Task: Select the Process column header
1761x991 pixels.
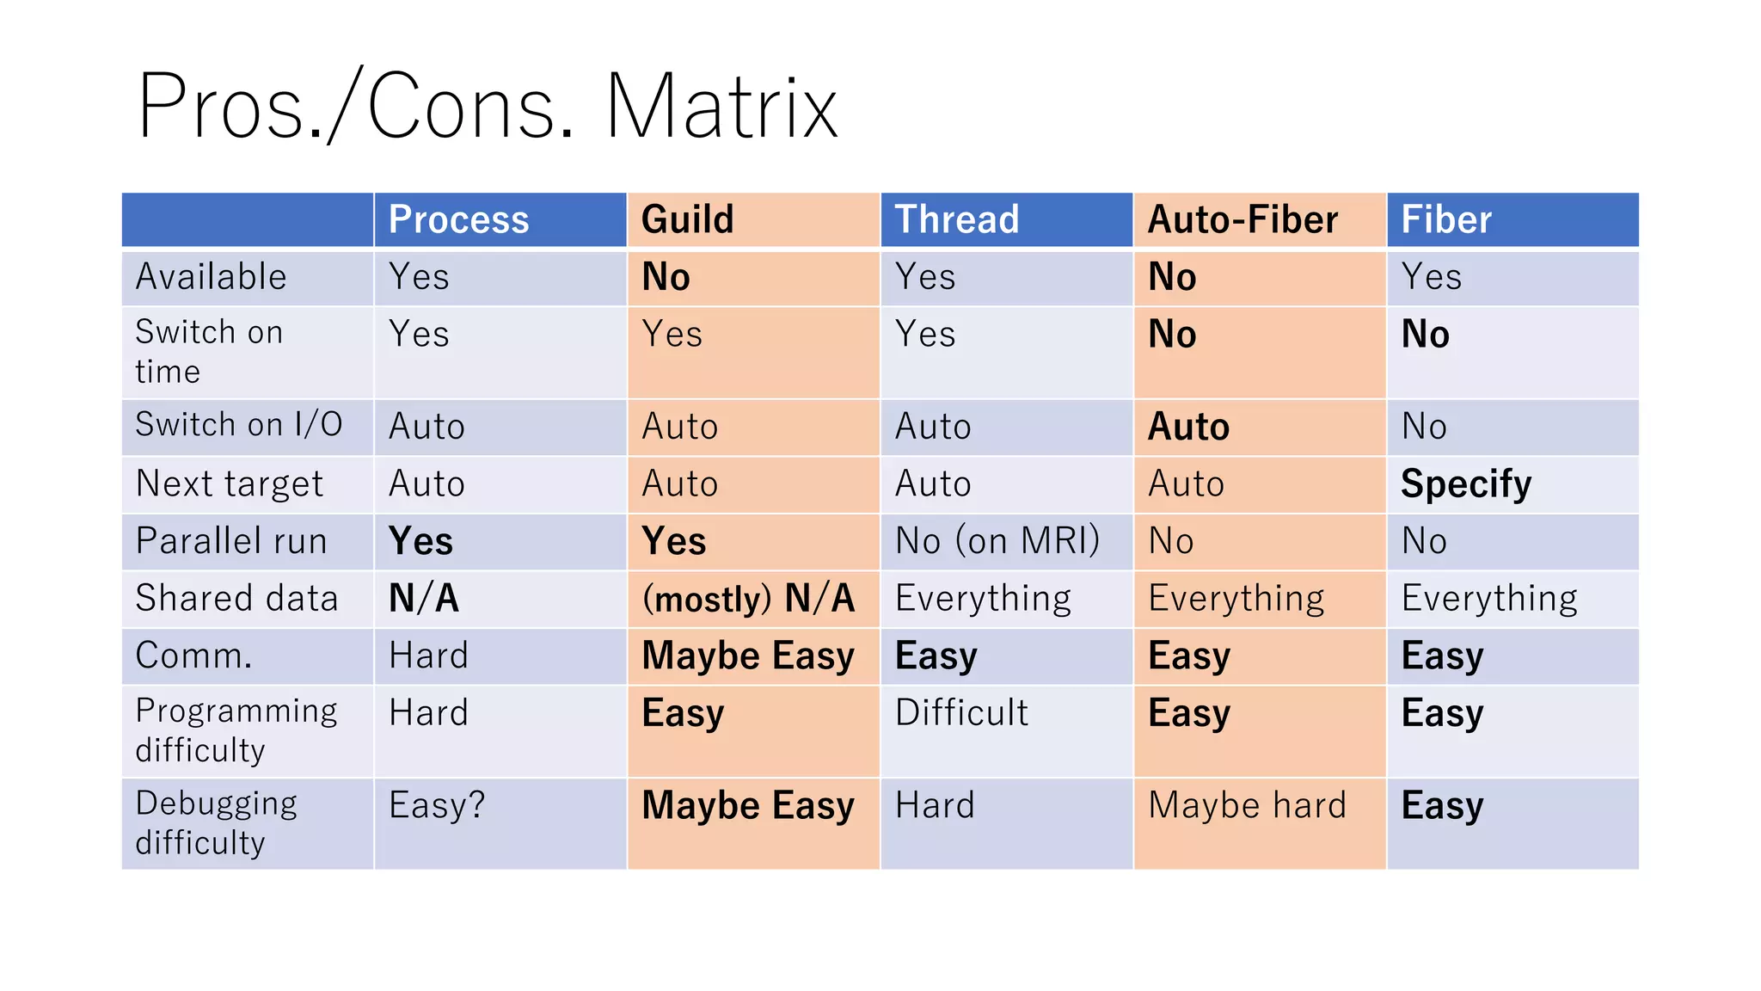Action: coord(458,219)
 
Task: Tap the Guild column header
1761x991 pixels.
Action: coord(687,219)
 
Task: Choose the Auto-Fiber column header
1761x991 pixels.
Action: coord(1243,219)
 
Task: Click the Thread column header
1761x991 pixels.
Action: coord(956,219)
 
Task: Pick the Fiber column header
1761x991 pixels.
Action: coord(1446,219)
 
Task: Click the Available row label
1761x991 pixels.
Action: coord(211,277)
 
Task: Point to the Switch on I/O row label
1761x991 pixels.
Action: coord(238,425)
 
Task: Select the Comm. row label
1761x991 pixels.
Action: coord(193,656)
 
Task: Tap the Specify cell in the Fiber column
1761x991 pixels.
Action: coord(1465,484)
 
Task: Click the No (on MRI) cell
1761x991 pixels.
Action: coord(997,541)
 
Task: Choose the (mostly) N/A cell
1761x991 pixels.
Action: coord(748,599)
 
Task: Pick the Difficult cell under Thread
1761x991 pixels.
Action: coord(961,713)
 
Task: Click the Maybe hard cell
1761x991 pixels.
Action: coord(1247,806)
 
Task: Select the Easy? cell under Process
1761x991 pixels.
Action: coord(437,806)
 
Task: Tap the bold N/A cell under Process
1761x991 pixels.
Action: coord(423,599)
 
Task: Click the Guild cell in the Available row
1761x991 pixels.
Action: coord(666,277)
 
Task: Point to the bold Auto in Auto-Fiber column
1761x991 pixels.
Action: coord(1188,427)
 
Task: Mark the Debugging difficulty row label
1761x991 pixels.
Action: coord(215,822)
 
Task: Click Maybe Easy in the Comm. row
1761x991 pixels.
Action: coord(748,656)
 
